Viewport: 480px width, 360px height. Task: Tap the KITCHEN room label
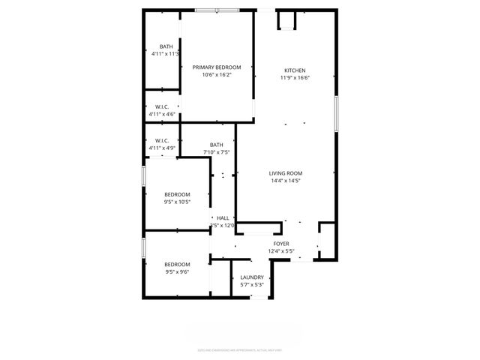(294, 70)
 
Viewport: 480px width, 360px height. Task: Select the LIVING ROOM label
(286, 173)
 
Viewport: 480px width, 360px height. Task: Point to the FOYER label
(281, 244)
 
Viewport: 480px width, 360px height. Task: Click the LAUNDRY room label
(252, 277)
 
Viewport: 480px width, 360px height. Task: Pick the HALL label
(223, 217)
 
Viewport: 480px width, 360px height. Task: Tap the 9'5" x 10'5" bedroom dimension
(178, 202)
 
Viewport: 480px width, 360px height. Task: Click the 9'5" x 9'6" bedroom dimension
(178, 271)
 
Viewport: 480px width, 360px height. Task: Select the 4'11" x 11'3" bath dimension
(165, 54)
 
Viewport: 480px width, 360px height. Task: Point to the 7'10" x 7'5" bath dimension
(216, 152)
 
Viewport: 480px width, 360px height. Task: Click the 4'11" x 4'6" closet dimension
(162, 114)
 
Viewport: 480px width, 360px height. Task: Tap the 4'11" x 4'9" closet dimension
(162, 148)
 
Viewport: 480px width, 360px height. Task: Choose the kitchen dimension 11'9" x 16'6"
(294, 77)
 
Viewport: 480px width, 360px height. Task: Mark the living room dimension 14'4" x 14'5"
(286, 181)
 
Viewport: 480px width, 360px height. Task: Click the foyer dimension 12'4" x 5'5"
(281, 251)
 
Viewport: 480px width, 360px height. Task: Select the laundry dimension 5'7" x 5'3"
(252, 284)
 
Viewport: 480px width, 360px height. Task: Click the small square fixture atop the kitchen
(286, 22)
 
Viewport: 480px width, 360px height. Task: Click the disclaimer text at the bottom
(239, 349)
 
